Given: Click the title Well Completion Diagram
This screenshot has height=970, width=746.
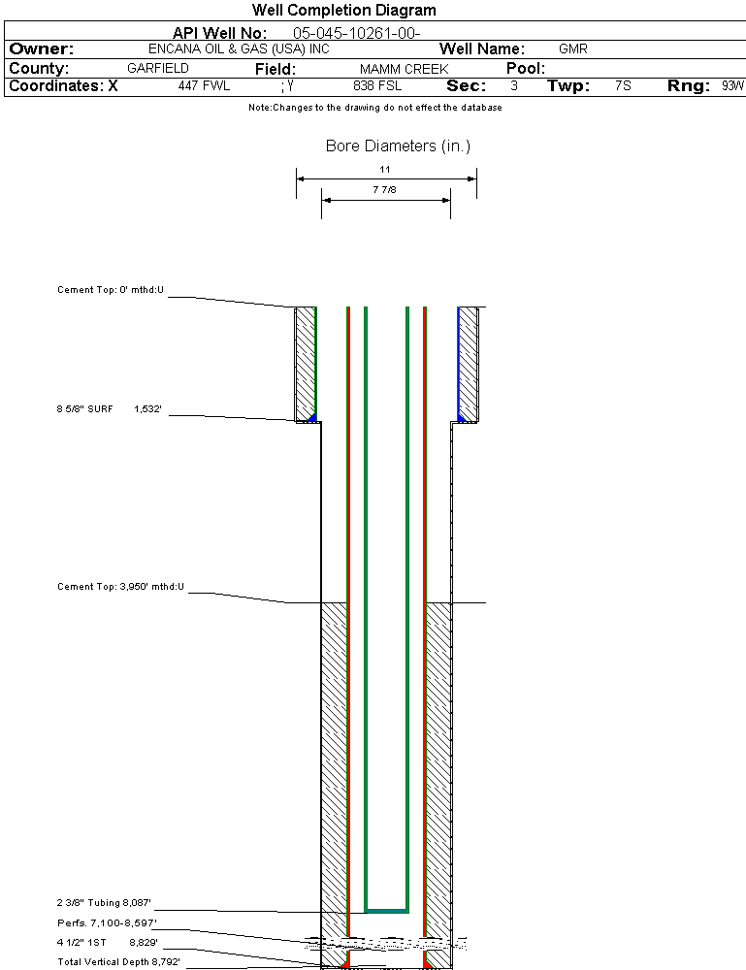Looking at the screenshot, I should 343,11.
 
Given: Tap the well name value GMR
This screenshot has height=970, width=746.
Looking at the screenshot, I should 572,48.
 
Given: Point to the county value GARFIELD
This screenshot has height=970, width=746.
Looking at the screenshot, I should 158,69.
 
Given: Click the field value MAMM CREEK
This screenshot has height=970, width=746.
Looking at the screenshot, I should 404,69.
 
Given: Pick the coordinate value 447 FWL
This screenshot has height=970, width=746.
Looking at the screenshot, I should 204,86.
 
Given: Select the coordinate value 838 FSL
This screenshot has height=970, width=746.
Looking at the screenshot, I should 377,86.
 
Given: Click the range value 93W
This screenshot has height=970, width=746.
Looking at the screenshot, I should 732,86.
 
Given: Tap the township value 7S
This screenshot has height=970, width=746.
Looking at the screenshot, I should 623,86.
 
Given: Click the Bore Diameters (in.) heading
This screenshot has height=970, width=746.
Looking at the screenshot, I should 398,146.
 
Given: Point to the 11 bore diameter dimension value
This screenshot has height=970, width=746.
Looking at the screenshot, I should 385,169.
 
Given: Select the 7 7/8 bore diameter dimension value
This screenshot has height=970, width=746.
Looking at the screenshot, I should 385,190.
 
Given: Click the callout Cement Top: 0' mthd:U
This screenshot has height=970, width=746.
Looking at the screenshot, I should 111,290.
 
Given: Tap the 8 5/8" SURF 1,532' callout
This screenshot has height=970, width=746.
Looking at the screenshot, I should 109,410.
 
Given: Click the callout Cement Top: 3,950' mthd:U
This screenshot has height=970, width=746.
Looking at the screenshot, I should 120,587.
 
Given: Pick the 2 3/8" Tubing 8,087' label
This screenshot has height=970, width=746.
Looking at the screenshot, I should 105,903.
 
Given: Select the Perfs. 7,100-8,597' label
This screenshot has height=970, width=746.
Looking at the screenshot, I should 107,922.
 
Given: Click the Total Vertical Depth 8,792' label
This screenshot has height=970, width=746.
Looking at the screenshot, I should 118,961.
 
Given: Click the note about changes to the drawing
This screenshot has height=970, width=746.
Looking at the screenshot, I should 374,108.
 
